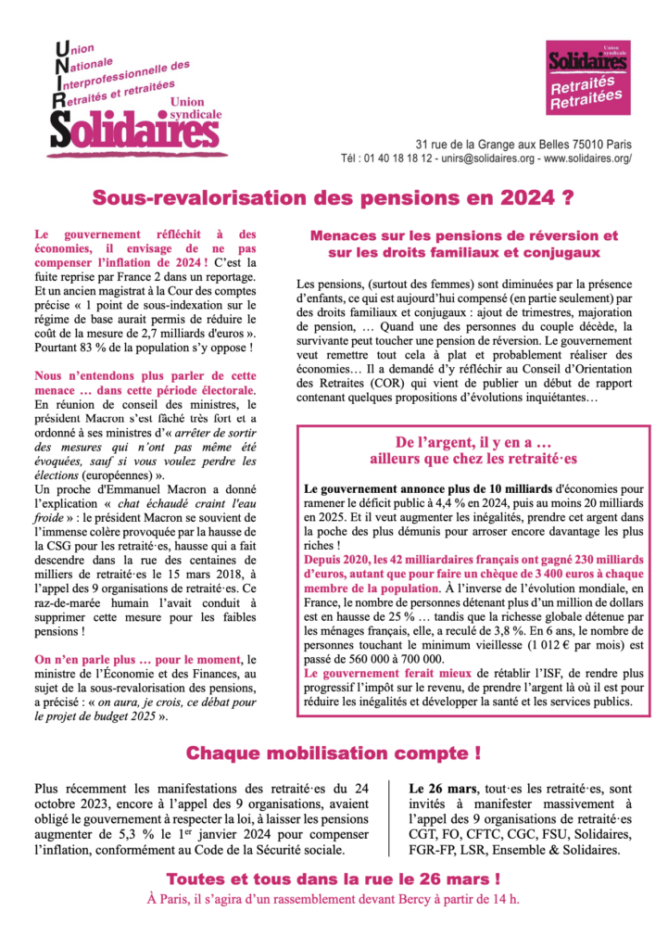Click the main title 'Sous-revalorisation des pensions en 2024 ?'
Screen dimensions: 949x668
pyautogui.click(x=334, y=197)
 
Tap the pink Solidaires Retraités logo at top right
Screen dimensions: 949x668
pyautogui.click(x=587, y=78)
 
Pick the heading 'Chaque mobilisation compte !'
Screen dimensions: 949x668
pyautogui.click(x=334, y=752)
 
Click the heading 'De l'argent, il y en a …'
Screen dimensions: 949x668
pyautogui.click(x=473, y=442)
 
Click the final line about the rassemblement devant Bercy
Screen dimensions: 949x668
pyautogui.click(x=334, y=898)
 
